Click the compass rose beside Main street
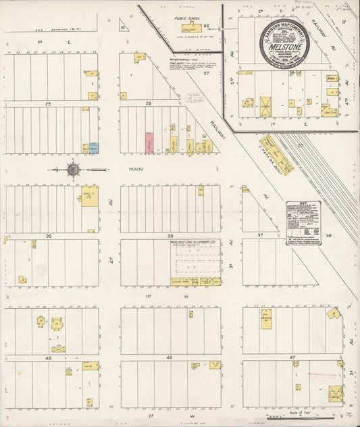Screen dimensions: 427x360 point(72,170)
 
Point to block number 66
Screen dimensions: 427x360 point(207,26)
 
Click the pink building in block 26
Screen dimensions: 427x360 point(149,142)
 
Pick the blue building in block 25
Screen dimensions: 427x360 point(94,147)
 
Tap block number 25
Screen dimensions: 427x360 point(48,104)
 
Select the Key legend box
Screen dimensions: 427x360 point(303,222)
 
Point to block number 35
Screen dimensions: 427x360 point(48,236)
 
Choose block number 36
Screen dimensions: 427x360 point(170,236)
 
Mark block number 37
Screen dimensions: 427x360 point(260,236)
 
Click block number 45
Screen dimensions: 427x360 point(48,357)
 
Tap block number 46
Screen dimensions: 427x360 point(170,357)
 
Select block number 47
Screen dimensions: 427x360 point(292,357)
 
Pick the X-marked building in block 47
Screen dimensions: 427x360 point(336,393)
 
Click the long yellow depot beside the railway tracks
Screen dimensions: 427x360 point(277,155)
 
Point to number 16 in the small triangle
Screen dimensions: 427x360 point(123,28)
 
